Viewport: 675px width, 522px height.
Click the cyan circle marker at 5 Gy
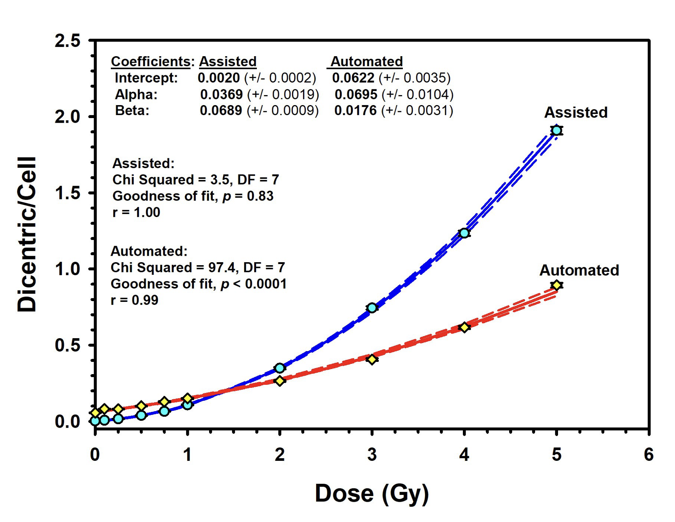coord(556,130)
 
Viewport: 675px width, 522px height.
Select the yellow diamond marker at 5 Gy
coord(557,285)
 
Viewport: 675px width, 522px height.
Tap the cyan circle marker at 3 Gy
coord(372,308)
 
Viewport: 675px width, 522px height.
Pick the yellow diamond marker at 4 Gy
coord(464,327)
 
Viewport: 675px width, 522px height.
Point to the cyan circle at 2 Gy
coord(279,368)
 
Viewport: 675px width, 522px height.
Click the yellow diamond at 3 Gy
coord(372,359)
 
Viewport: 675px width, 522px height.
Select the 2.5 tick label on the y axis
coord(68,41)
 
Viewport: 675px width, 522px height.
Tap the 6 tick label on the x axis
coord(648,455)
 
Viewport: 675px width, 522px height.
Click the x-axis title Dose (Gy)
coord(372,493)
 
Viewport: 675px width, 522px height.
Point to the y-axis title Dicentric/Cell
coord(27,234)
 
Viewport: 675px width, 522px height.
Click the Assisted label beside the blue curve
coord(576,112)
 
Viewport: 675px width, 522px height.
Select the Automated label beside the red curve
coord(579,270)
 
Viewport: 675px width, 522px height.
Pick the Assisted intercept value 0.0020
coord(219,78)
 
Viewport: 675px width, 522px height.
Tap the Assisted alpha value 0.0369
coord(221,94)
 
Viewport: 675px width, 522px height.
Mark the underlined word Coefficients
coord(151,62)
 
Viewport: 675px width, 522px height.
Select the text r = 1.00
coord(136,212)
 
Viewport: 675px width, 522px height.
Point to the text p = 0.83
coord(248,196)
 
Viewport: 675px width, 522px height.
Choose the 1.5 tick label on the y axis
coord(68,193)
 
